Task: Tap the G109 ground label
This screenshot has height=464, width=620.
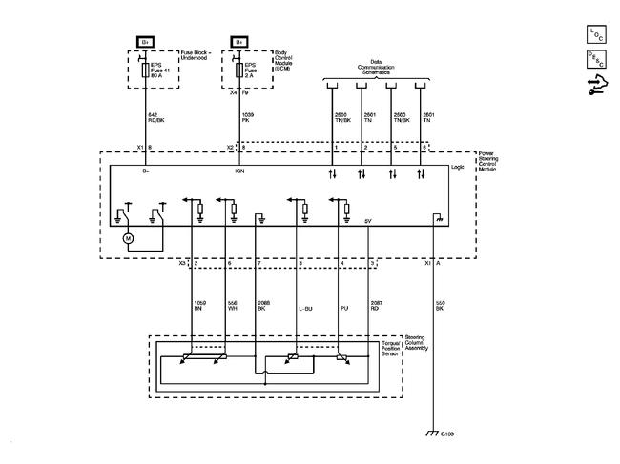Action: click(448, 434)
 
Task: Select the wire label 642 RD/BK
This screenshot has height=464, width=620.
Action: click(155, 118)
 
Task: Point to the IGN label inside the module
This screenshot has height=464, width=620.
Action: click(239, 172)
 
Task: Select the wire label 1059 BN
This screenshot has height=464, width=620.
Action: click(199, 307)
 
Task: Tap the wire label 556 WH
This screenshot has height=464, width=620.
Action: click(232, 307)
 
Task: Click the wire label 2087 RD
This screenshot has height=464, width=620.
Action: click(375, 307)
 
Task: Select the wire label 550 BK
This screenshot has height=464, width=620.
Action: click(440, 307)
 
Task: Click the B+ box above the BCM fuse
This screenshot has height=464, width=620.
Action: click(239, 42)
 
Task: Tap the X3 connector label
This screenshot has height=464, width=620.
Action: click(182, 263)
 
